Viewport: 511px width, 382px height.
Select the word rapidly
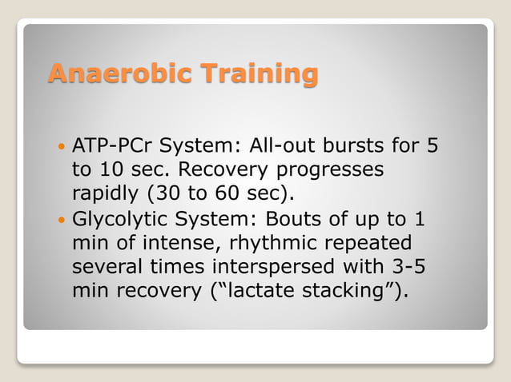(x=103, y=194)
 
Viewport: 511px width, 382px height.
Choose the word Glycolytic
(x=114, y=218)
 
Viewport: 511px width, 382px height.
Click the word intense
(x=169, y=242)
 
